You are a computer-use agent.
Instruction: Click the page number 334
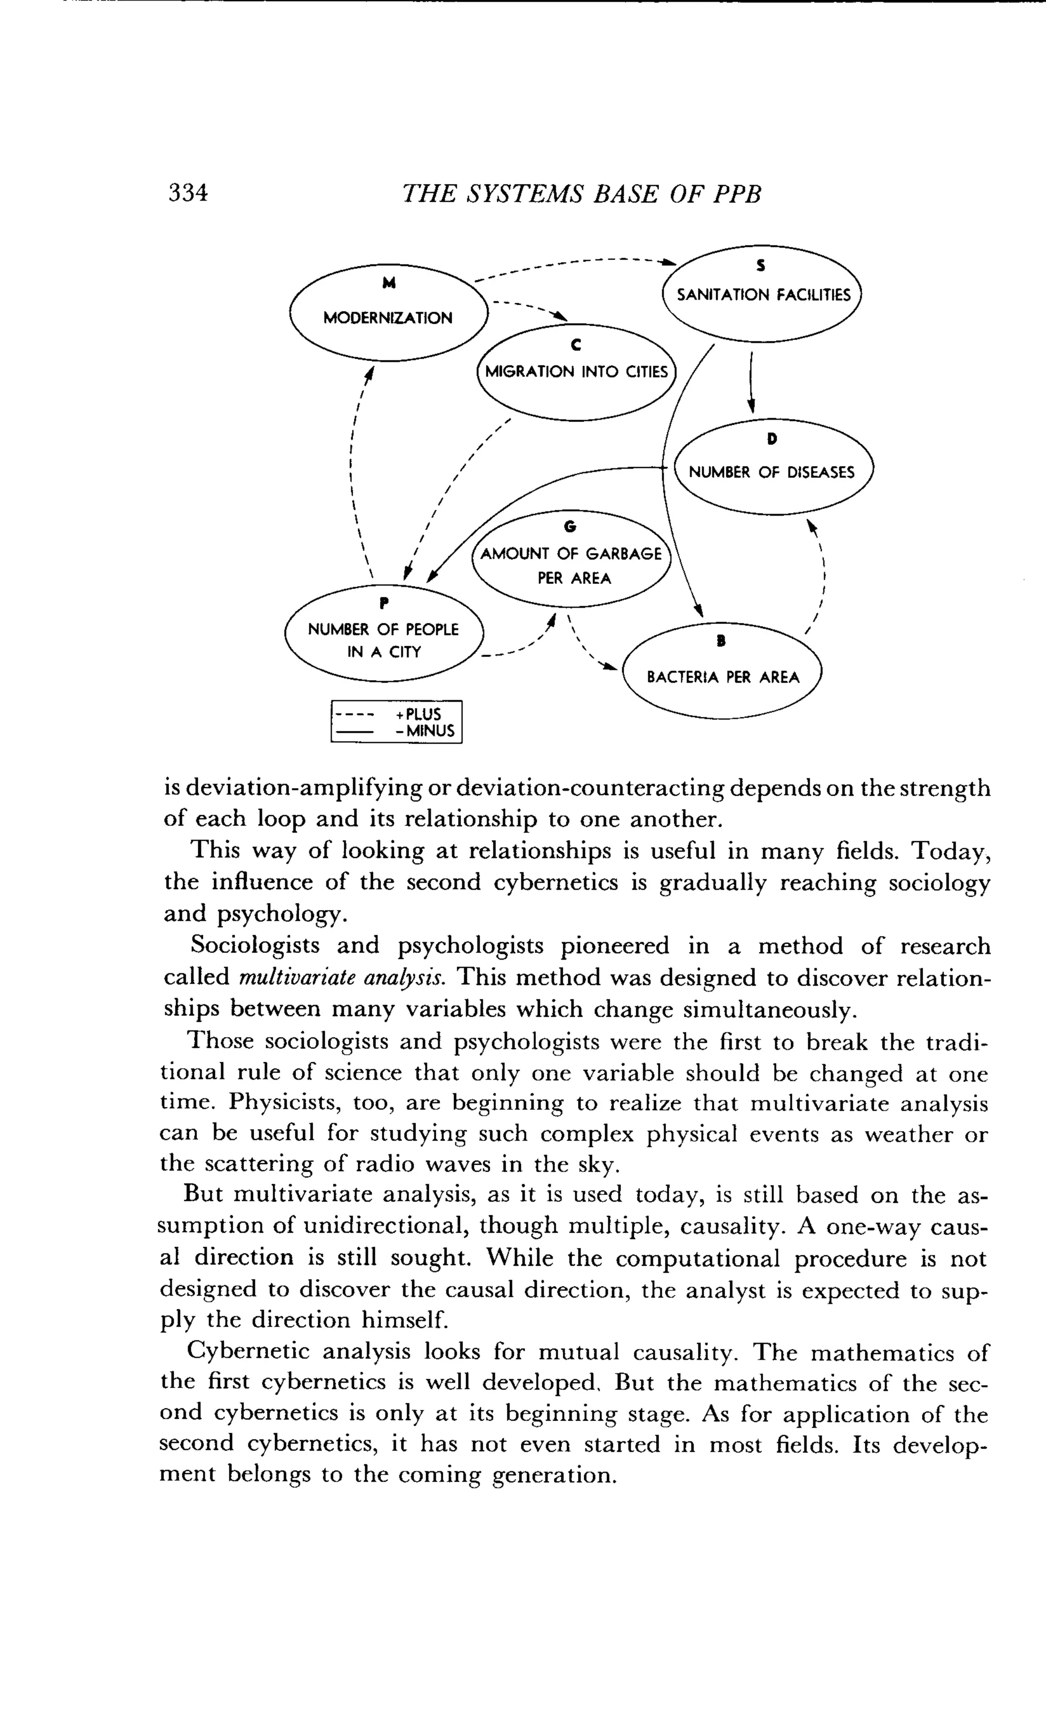[188, 193]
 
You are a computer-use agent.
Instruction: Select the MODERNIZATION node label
[387, 318]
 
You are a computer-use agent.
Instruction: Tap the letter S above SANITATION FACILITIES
[761, 265]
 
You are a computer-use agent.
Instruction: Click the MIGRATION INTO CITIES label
[576, 372]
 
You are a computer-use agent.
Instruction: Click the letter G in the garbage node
[570, 527]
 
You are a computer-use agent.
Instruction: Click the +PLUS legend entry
[418, 715]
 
